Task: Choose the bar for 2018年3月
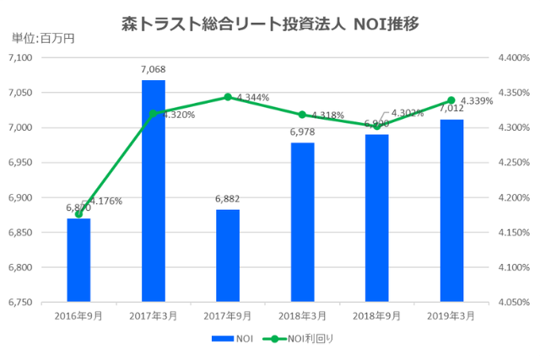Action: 302,223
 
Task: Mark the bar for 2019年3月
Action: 451,211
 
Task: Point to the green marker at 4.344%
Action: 228,97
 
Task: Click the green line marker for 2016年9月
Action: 78,214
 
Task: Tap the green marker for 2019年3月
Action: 451,100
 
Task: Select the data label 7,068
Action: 153,70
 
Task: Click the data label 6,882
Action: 228,199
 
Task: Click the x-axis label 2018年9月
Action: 376,315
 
